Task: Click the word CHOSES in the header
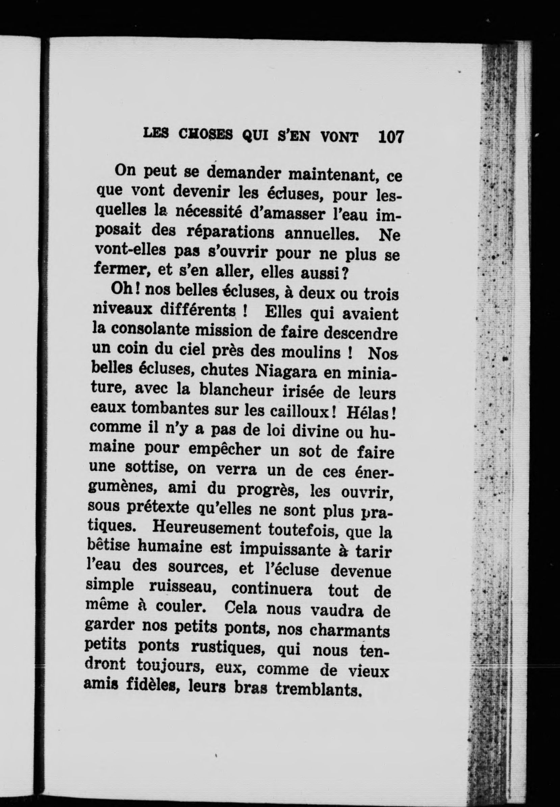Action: (x=205, y=135)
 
